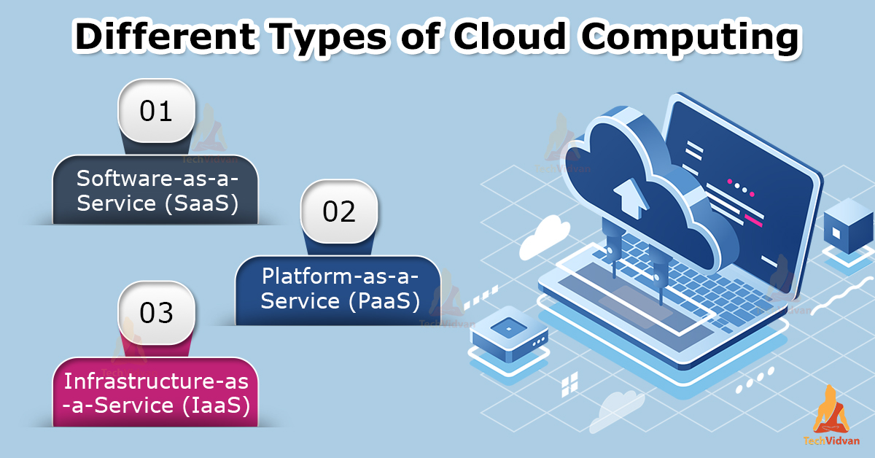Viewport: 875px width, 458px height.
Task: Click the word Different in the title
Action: point(166,36)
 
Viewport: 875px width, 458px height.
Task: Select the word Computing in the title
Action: point(691,39)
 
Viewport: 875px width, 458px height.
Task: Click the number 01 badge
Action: point(156,111)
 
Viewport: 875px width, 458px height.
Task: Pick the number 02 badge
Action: point(339,211)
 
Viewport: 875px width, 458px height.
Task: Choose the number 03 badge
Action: point(156,313)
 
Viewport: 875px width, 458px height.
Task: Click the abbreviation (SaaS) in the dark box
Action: point(201,203)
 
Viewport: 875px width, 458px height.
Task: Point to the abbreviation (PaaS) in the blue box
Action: point(384,302)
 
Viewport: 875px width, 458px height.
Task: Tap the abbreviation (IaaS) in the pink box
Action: point(216,405)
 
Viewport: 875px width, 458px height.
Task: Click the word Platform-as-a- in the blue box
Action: point(340,276)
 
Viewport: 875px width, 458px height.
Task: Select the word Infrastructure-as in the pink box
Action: point(156,381)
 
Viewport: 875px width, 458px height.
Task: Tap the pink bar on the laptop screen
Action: point(753,220)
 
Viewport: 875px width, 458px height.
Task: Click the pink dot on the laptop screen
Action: point(730,182)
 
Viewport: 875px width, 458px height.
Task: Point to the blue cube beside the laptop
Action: point(848,226)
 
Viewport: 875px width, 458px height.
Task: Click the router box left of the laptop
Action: point(509,333)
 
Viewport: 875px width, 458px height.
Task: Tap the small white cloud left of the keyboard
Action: point(544,237)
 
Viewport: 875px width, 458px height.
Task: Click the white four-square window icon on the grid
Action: point(569,384)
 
